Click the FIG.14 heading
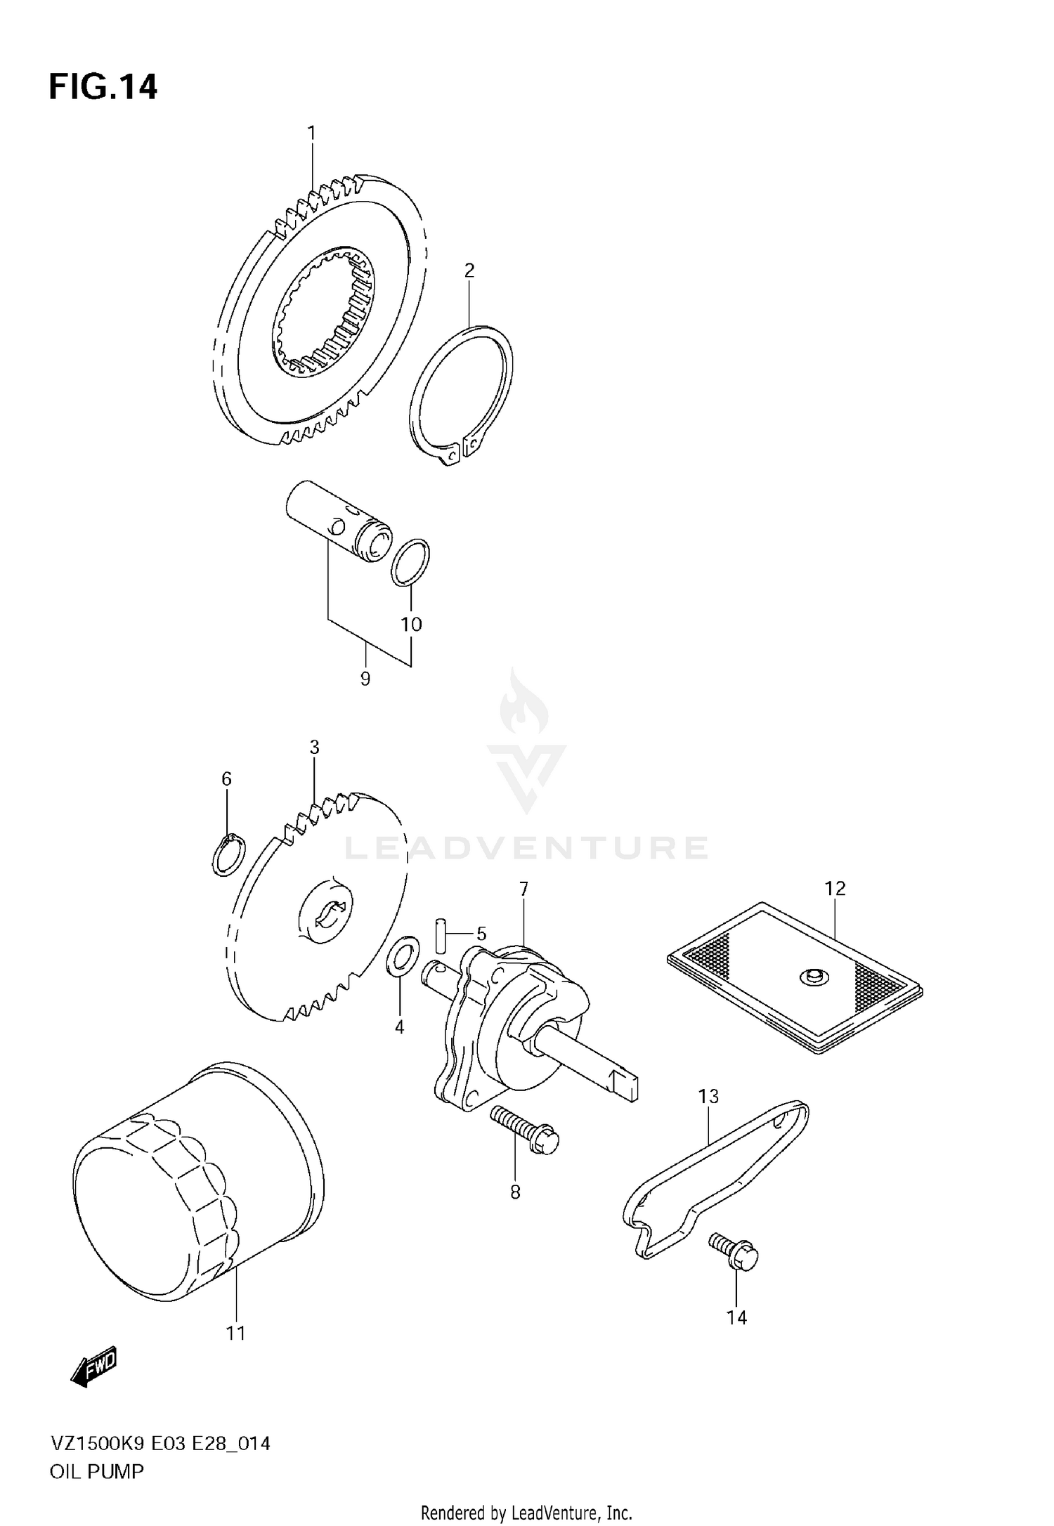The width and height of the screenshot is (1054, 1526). [103, 88]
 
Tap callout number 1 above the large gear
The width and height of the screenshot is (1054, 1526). [311, 133]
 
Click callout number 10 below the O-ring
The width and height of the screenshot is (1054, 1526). [411, 624]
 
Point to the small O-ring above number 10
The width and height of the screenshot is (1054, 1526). [410, 562]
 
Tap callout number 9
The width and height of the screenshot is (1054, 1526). [365, 679]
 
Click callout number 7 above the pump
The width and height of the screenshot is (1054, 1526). [523, 889]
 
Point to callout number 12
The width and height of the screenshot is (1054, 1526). [835, 888]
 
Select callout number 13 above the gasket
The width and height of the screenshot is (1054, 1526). [708, 1096]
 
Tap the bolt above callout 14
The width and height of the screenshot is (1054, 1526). [735, 1251]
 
